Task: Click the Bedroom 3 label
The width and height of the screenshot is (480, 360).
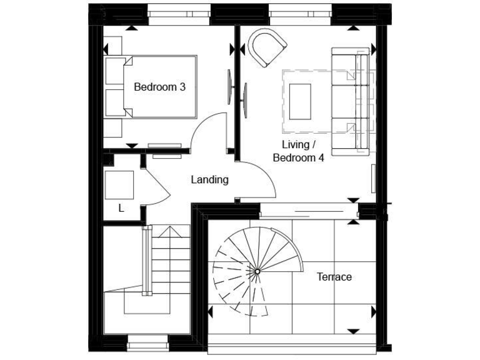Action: click(x=159, y=87)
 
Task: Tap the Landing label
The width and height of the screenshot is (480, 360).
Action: click(x=209, y=180)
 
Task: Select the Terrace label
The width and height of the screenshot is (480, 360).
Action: click(x=334, y=277)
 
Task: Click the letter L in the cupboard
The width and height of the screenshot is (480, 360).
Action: click(x=121, y=208)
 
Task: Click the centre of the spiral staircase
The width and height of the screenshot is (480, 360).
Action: click(x=257, y=271)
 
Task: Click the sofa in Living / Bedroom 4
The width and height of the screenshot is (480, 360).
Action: click(x=351, y=101)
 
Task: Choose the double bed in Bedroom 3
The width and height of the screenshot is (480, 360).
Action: click(x=156, y=86)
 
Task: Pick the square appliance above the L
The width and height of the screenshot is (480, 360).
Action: click(x=119, y=184)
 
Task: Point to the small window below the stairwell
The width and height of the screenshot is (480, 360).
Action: click(x=147, y=342)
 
